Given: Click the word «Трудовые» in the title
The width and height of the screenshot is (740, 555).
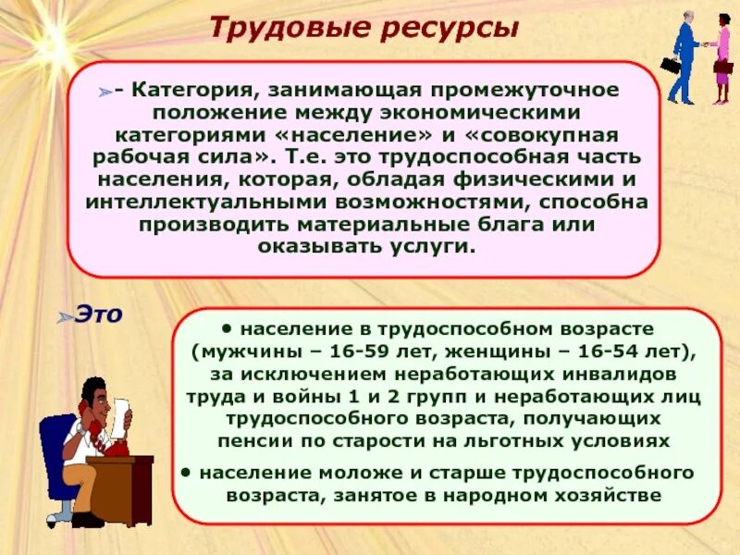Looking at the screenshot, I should (274, 29).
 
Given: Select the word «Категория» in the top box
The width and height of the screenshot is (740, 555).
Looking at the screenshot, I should (190, 92).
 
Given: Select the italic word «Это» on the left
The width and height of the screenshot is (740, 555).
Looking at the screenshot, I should (98, 314).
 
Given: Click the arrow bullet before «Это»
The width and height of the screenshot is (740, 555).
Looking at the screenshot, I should (64, 317).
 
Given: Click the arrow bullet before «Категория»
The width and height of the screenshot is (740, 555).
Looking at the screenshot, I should (108, 92).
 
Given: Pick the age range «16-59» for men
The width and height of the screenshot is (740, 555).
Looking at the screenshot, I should (349, 351).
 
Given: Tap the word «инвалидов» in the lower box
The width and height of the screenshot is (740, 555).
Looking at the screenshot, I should (616, 374).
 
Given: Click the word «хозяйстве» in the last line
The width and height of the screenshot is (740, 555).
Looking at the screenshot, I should (610, 496).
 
